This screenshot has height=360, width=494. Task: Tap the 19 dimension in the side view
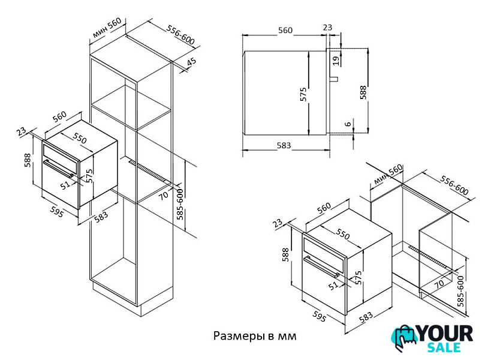[336, 60]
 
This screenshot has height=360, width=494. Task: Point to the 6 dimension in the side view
[348, 124]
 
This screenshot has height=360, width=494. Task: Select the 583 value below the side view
[284, 145]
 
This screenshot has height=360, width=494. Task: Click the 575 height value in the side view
[303, 94]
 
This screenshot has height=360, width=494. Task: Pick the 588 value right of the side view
[364, 92]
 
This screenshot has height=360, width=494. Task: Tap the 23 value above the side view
[328, 28]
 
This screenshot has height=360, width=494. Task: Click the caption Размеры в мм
[255, 336]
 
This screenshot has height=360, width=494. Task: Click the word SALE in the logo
[444, 347]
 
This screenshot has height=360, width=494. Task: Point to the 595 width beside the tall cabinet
[57, 212]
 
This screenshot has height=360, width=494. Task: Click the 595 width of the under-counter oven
[319, 317]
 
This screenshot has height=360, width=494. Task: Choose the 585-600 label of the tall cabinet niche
[180, 204]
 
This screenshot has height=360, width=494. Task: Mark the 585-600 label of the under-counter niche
[460, 291]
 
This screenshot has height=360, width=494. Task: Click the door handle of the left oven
[59, 169]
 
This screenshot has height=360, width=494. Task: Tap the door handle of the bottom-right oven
[321, 266]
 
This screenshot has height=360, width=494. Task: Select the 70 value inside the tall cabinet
[164, 196]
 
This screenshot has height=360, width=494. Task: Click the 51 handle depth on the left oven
[65, 185]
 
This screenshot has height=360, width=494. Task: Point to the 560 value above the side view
[285, 30]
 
